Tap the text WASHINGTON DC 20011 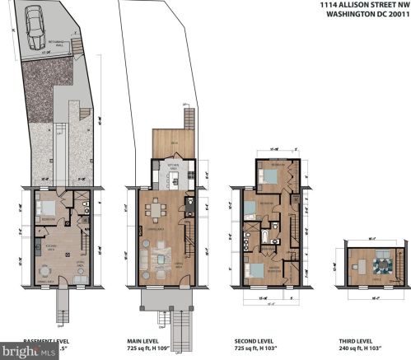[367, 14]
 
